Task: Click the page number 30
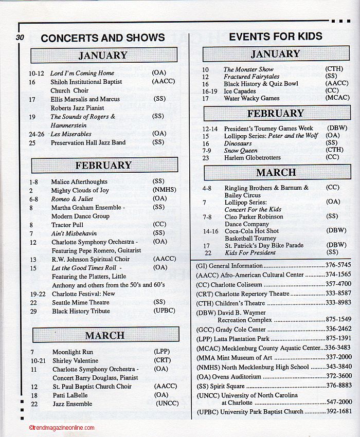click(x=20, y=37)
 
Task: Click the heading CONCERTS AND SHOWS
click(x=103, y=38)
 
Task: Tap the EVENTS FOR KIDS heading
click(x=276, y=37)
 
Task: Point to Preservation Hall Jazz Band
click(x=88, y=142)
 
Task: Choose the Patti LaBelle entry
click(x=70, y=395)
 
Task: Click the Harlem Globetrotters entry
click(x=253, y=158)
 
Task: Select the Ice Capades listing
click(x=240, y=91)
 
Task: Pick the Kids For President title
click(x=250, y=253)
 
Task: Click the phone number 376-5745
click(x=338, y=266)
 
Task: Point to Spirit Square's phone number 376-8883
click(x=338, y=385)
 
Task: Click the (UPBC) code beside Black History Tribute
click(x=164, y=311)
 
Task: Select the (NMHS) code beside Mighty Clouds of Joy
click(x=164, y=190)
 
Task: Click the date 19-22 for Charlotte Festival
click(x=38, y=294)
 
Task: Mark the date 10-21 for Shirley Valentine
click(x=38, y=361)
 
